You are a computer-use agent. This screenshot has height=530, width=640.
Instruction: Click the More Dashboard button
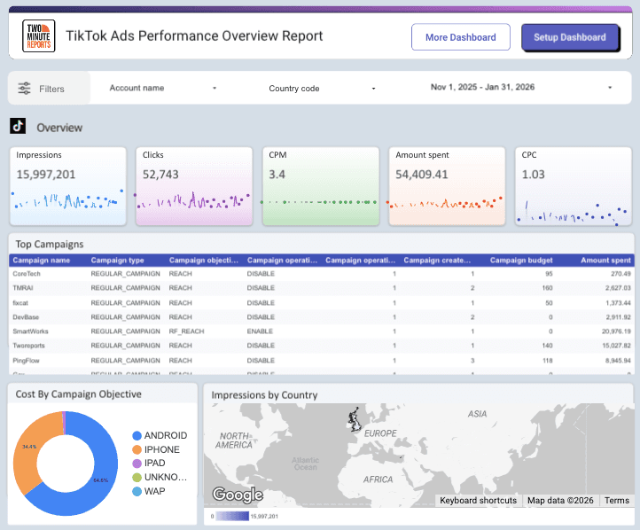click(x=460, y=37)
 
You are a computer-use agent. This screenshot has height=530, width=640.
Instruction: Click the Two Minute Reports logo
click(x=38, y=36)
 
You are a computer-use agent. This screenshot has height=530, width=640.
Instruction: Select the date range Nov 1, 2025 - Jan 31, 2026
click(x=521, y=88)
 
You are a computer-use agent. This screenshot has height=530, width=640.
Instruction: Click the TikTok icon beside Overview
click(x=18, y=127)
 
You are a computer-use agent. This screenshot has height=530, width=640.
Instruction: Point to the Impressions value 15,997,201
click(x=46, y=175)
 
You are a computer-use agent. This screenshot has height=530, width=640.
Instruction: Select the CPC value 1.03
click(x=533, y=175)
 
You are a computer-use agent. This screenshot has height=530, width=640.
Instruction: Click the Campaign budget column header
click(x=521, y=261)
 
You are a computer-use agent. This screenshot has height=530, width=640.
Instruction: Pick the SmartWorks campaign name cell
click(x=32, y=331)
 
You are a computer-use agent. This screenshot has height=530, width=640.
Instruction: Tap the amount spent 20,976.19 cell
click(x=610, y=331)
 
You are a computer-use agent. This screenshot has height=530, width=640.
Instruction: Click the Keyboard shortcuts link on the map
click(x=479, y=501)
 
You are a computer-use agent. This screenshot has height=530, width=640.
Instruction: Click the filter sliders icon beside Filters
click(x=24, y=89)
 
